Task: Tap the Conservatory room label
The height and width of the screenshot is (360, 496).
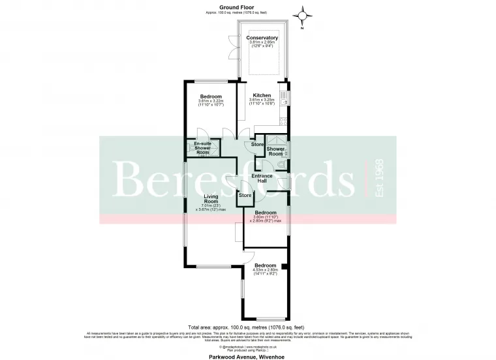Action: click(262, 38)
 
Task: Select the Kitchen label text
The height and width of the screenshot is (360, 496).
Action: click(262, 95)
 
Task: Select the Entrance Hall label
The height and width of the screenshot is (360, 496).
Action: click(262, 178)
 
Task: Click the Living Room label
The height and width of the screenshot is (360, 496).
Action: click(210, 198)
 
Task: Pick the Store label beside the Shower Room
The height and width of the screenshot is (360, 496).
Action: click(257, 144)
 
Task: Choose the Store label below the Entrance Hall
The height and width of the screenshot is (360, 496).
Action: click(245, 195)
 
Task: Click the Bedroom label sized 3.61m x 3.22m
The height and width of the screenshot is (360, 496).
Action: click(211, 97)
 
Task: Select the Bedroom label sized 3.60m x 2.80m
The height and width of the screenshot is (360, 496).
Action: click(265, 213)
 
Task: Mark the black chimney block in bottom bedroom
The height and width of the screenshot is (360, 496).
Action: click(284, 266)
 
